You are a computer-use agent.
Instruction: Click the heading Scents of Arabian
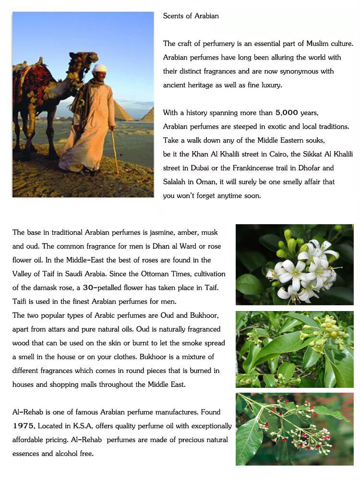tap(191, 16)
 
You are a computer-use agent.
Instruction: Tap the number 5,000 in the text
tap(287, 113)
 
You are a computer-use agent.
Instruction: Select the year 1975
tap(23, 426)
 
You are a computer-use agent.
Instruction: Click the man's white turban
tap(99, 68)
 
